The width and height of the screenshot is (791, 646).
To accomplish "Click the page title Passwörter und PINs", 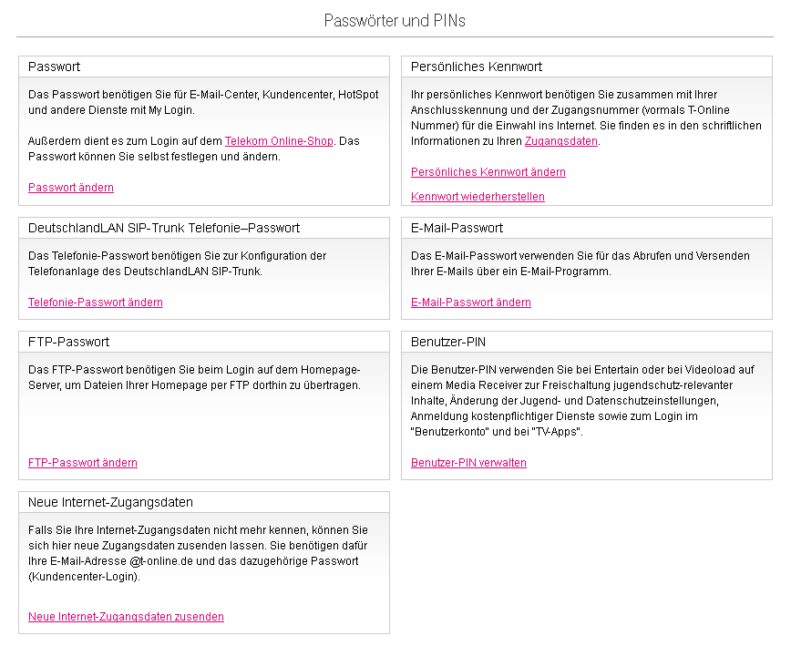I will (395, 20).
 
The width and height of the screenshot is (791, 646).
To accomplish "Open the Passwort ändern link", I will (71, 188).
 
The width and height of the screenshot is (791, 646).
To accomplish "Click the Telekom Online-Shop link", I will (279, 141).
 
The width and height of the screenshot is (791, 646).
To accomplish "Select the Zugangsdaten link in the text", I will (561, 141).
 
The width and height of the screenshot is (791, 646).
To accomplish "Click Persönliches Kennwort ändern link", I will (488, 172).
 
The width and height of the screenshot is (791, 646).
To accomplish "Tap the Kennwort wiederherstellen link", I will (478, 197).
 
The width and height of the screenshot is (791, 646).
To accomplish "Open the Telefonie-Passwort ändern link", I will (96, 302).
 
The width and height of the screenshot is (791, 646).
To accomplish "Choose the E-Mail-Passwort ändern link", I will (471, 302).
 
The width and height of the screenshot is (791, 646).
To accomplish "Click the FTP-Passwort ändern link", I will (83, 463).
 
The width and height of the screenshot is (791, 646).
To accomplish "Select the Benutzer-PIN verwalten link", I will (468, 463).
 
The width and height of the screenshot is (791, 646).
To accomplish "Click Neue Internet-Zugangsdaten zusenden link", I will (126, 617).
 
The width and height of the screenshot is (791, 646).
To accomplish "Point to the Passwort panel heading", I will (55, 67).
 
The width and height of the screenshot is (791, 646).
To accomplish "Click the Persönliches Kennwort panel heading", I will (477, 67).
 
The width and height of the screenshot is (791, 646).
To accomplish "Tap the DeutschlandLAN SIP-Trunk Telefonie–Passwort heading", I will (164, 228).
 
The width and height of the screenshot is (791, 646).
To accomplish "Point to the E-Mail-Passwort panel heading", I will (457, 228).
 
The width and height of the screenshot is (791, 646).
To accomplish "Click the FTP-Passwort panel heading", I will (69, 342).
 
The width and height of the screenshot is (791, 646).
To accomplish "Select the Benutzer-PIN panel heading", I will (448, 342).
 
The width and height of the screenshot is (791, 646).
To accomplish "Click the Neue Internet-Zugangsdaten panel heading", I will (110, 502).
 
